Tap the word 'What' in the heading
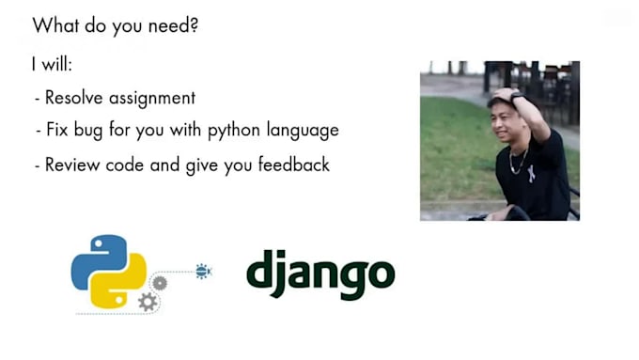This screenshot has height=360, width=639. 55,25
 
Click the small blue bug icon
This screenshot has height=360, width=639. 203,271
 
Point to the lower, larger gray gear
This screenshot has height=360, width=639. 148,302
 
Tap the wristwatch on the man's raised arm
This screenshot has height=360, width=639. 515,98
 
